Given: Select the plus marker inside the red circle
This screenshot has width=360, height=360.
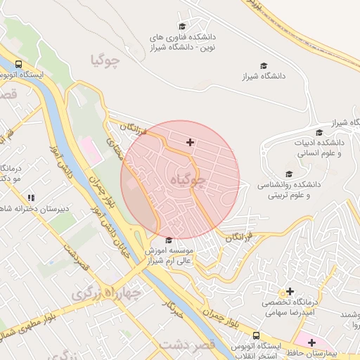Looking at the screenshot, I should (x=190, y=143).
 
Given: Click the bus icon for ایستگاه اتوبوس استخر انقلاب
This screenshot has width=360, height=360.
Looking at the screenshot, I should (x=257, y=336).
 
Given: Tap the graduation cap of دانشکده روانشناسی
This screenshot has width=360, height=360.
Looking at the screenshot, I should (x=288, y=174).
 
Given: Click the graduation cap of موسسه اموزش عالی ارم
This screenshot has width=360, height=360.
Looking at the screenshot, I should (x=167, y=240).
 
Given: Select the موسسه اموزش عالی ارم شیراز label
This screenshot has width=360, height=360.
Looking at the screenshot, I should (x=172, y=255).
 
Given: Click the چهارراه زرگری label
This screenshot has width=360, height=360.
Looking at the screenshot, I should (x=105, y=294).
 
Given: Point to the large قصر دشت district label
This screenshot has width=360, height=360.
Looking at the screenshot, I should (x=186, y=345).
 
